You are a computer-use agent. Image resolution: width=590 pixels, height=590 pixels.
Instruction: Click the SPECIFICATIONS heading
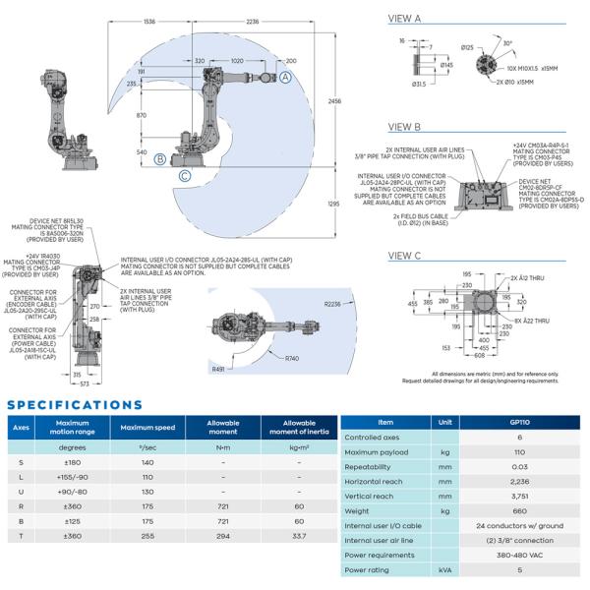tap(74, 404)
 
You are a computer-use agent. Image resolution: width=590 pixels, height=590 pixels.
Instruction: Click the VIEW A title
tap(405, 19)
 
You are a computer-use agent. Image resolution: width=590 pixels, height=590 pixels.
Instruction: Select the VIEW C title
tap(405, 256)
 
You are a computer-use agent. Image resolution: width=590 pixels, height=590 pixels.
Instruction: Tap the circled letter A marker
tap(284, 76)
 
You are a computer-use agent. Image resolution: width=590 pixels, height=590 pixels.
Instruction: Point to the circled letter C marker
tap(185, 177)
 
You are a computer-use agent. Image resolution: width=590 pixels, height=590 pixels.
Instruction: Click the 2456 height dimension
tap(335, 101)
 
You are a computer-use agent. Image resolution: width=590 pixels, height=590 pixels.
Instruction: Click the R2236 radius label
tap(336, 306)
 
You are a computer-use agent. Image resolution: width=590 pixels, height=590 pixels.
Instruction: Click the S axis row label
tap(21, 462)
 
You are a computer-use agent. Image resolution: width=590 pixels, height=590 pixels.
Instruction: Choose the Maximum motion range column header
tap(74, 428)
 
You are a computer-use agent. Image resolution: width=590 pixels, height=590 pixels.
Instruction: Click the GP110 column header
tap(517, 421)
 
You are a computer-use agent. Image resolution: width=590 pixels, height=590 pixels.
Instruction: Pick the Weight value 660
tap(517, 511)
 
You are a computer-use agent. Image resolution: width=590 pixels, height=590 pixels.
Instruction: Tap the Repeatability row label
tap(373, 466)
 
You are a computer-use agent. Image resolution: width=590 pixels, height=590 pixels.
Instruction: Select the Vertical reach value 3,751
tap(517, 497)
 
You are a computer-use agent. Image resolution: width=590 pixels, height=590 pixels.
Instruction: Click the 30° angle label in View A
tap(505, 43)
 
